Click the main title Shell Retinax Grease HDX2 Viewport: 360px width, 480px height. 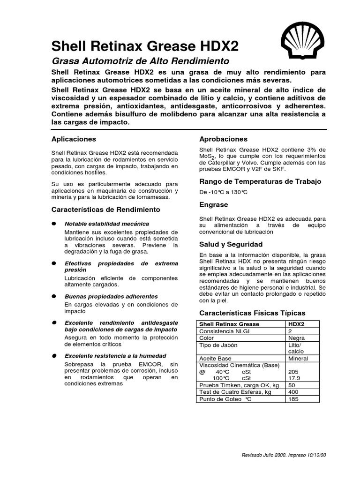point(145,46)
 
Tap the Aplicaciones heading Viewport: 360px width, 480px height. point(73,139)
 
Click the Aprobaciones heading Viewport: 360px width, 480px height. point(224,139)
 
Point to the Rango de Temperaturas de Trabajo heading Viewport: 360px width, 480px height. point(260,181)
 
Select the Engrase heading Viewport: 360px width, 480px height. point(214,205)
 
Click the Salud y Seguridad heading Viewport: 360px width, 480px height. point(231,244)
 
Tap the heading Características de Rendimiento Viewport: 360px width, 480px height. point(105,209)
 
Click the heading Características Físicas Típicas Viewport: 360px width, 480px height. point(252,313)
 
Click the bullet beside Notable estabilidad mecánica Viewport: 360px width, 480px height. point(54,224)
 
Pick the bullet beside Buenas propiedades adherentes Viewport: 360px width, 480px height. point(54,296)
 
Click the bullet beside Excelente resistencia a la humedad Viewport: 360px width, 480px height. point(54,356)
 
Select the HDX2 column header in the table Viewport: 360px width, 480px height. point(297,324)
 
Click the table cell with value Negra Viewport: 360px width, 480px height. point(297,338)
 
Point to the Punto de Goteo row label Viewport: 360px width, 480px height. point(226,399)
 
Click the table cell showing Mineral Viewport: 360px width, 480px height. point(299,359)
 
